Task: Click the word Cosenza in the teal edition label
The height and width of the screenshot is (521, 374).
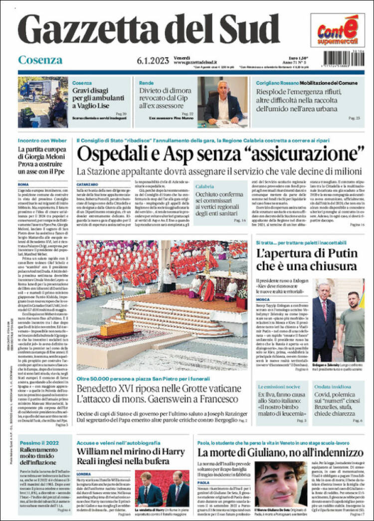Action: click(40, 60)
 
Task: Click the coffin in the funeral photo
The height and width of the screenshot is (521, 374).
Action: click(117, 328)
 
